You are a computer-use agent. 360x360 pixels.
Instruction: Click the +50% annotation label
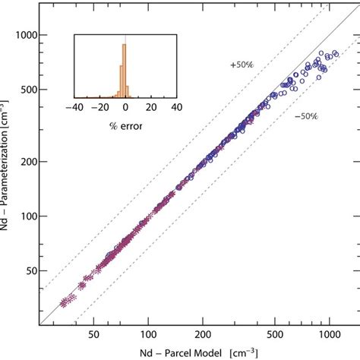click(241, 66)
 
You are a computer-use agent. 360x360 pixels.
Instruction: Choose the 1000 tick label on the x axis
click(328, 333)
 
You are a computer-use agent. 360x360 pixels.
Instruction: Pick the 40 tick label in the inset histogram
click(176, 108)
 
